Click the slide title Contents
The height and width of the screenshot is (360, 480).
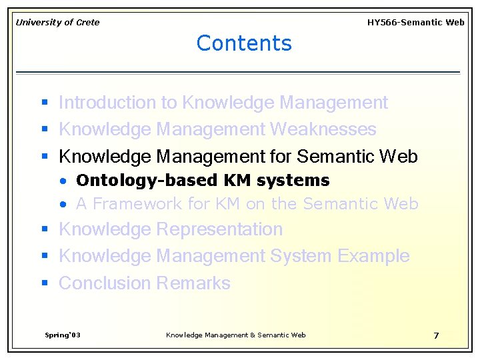pos(244,43)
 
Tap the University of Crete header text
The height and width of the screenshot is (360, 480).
pos(57,23)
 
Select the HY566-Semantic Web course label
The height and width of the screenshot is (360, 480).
pos(415,23)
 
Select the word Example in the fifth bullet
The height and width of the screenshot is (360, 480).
pos(373,256)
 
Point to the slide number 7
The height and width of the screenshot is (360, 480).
pos(436,335)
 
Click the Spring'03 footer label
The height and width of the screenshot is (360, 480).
pos(62,335)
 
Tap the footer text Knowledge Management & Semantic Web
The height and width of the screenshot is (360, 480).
pos(235,335)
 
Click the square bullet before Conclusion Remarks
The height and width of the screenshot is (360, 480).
pos(45,283)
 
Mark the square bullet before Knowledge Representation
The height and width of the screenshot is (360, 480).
pos(45,230)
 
